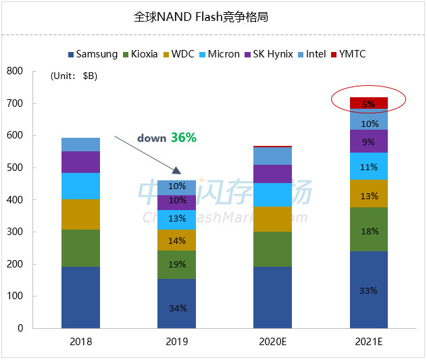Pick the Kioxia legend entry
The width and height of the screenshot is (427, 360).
point(143,54)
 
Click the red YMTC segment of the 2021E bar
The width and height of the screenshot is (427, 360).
point(368,103)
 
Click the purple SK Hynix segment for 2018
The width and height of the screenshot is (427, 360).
point(80,162)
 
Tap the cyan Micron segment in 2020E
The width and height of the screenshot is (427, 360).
point(272,195)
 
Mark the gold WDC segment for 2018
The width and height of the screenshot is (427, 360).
point(80,215)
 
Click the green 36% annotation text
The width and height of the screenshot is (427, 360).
point(183,137)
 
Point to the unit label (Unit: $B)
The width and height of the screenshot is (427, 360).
point(74,76)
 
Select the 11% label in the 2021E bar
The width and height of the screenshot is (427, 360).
point(368,166)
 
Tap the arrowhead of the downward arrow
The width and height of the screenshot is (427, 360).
point(179,173)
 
